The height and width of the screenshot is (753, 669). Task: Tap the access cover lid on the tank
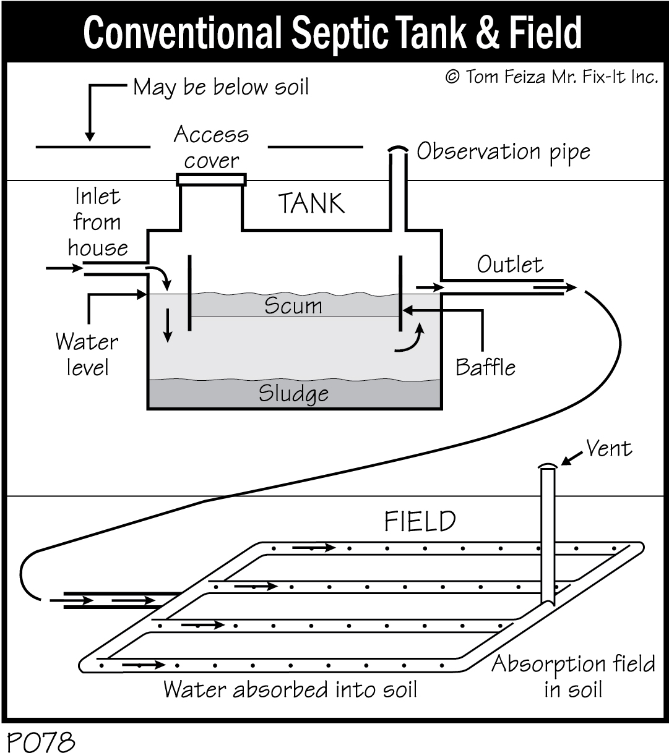(x=211, y=180)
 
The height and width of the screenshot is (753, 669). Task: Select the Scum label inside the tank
(x=293, y=305)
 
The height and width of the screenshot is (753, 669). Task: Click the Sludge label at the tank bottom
(x=293, y=394)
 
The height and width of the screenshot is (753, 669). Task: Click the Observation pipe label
(x=503, y=152)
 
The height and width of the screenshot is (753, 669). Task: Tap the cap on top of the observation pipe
(x=398, y=150)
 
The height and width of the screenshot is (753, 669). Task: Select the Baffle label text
(x=485, y=367)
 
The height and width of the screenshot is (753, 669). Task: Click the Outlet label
(x=510, y=265)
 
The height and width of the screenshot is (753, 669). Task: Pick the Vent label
(x=609, y=448)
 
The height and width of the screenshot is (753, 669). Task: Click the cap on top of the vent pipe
(x=547, y=466)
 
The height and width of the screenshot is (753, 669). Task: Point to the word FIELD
(x=420, y=521)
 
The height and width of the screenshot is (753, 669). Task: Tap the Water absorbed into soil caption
(x=290, y=689)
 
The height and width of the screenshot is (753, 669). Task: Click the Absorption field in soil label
(x=573, y=676)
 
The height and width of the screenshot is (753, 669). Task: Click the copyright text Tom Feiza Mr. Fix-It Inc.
(x=551, y=77)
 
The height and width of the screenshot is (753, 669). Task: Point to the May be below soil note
(x=221, y=87)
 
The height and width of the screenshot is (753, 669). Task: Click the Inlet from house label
(x=98, y=223)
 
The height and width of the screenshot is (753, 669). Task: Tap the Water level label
(x=86, y=354)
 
